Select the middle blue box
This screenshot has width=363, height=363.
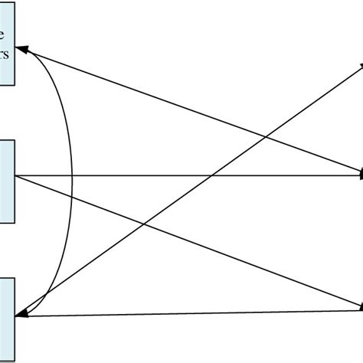pos(7,181)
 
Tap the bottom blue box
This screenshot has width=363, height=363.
pos(7,318)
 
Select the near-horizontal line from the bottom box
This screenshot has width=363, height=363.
pos(191,312)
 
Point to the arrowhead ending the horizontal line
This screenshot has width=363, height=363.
pos(359,176)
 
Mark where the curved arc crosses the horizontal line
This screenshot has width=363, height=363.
pos(72,176)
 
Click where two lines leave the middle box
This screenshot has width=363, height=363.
pos(16,177)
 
